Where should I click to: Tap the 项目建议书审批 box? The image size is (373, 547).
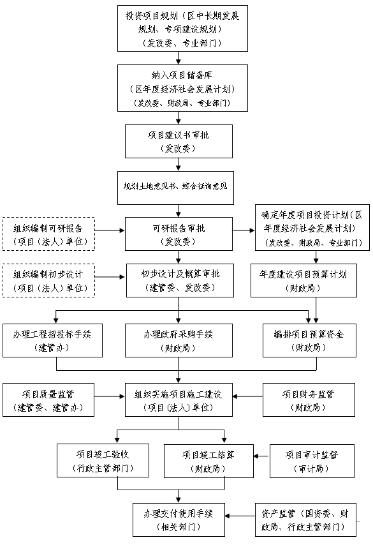pos(179,141)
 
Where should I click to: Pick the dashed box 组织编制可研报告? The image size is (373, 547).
pos(48,234)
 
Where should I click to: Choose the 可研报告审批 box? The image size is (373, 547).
pos(179,234)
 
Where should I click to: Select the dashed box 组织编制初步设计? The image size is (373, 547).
pos(48,280)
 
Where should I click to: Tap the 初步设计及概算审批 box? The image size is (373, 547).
pos(179,280)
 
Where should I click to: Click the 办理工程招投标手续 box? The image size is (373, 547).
pos(48,340)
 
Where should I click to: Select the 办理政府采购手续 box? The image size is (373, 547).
pos(179,340)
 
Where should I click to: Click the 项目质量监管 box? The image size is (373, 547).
pos(48,400)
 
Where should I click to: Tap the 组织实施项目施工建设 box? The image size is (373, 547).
pos(179,400)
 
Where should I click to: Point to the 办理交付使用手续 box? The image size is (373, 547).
pos(179,520)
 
